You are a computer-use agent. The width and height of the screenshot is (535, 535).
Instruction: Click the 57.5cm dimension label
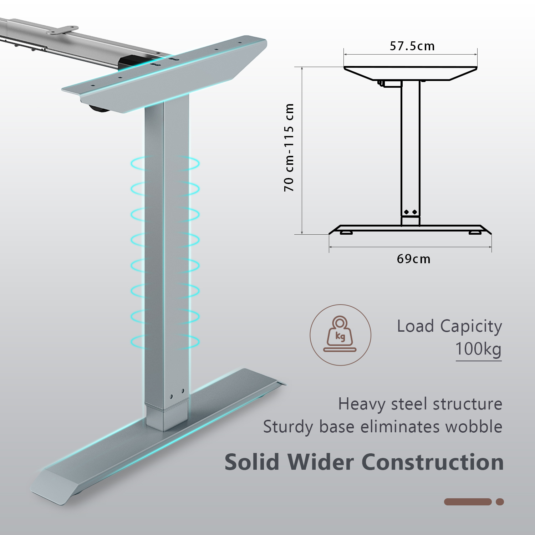pos(412,46)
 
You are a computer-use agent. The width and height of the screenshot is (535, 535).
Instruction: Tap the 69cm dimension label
pos(413,259)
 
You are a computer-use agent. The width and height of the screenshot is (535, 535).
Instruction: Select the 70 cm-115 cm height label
pos(289,147)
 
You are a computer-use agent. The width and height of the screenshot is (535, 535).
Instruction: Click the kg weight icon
pos(340,335)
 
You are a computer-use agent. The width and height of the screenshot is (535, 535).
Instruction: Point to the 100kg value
pos(478,349)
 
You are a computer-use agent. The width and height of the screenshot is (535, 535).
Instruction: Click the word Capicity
pos(471,326)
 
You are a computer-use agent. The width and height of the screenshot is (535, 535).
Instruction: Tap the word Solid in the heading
pos(252,462)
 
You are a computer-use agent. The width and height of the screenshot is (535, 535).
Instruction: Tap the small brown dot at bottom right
pos(500,502)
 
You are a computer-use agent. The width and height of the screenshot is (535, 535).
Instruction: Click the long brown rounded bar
pos(468,502)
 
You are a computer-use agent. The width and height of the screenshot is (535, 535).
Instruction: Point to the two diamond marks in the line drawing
pos(411,212)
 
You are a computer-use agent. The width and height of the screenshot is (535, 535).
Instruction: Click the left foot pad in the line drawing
pos(346,233)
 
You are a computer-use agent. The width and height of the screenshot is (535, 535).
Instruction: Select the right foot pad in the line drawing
pos(475,233)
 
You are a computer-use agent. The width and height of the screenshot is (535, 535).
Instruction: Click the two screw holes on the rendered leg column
pos(177,394)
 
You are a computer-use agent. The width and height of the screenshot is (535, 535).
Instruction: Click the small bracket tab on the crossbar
pos(63,30)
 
